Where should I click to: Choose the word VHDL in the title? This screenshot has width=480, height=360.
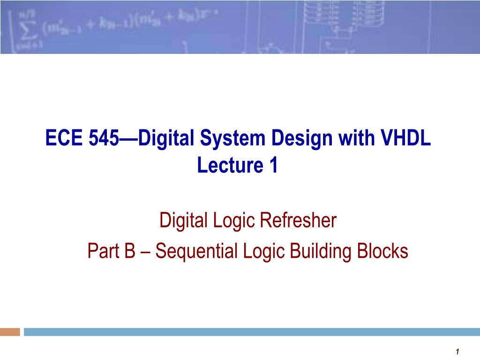(x=406, y=139)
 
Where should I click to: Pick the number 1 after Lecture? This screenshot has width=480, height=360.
(x=273, y=165)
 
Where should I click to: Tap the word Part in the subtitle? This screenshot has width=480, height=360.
(x=102, y=252)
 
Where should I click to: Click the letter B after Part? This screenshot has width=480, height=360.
(x=129, y=252)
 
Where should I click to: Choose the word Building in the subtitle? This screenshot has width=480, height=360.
(x=319, y=252)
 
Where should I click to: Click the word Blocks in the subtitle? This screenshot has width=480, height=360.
(x=383, y=252)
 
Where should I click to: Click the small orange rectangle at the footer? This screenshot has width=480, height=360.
(x=10, y=332)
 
